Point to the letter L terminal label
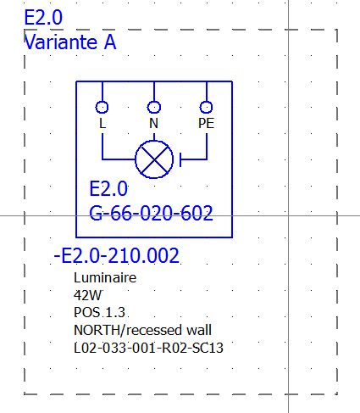click(102, 123)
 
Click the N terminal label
click(153, 123)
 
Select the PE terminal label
click(206, 123)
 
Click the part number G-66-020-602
click(151, 213)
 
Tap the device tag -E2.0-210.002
click(116, 255)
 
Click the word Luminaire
click(105, 277)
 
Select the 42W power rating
click(87, 295)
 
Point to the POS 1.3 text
click(99, 313)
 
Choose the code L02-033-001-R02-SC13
click(148, 348)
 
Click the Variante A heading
click(70, 42)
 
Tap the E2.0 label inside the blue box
click(108, 189)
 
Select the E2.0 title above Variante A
click(43, 18)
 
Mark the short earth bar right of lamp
click(180, 159)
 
